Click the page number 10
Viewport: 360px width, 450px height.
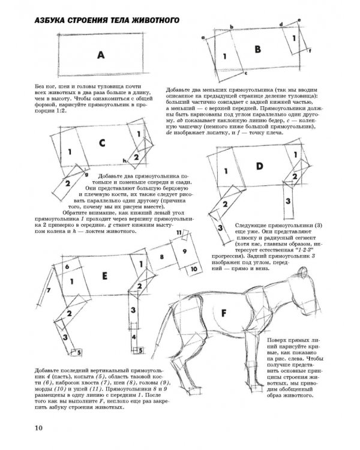[x=39, y=428]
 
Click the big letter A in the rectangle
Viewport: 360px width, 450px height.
[x=100, y=55]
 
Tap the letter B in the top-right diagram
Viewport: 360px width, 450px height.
[x=258, y=49]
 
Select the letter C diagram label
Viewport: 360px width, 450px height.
[x=102, y=143]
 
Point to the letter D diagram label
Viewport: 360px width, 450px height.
[x=260, y=166]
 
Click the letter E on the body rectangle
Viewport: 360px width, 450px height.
[x=105, y=276]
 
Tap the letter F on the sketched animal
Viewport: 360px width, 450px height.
[x=224, y=313]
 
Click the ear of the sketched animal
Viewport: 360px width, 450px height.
[x=302, y=272]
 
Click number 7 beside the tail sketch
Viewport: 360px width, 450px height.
[x=49, y=290]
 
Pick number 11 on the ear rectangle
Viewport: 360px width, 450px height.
[x=179, y=232]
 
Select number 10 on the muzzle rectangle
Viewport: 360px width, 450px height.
[x=194, y=269]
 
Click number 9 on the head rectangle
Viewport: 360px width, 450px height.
[x=185, y=251]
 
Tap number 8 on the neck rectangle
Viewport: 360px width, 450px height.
[x=161, y=257]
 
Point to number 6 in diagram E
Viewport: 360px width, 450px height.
[x=67, y=266]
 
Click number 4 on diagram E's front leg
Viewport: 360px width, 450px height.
[x=134, y=337]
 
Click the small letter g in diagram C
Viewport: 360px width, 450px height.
[x=86, y=174]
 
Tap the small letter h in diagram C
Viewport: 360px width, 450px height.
[x=124, y=160]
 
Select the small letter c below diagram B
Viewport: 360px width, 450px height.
[x=246, y=73]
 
